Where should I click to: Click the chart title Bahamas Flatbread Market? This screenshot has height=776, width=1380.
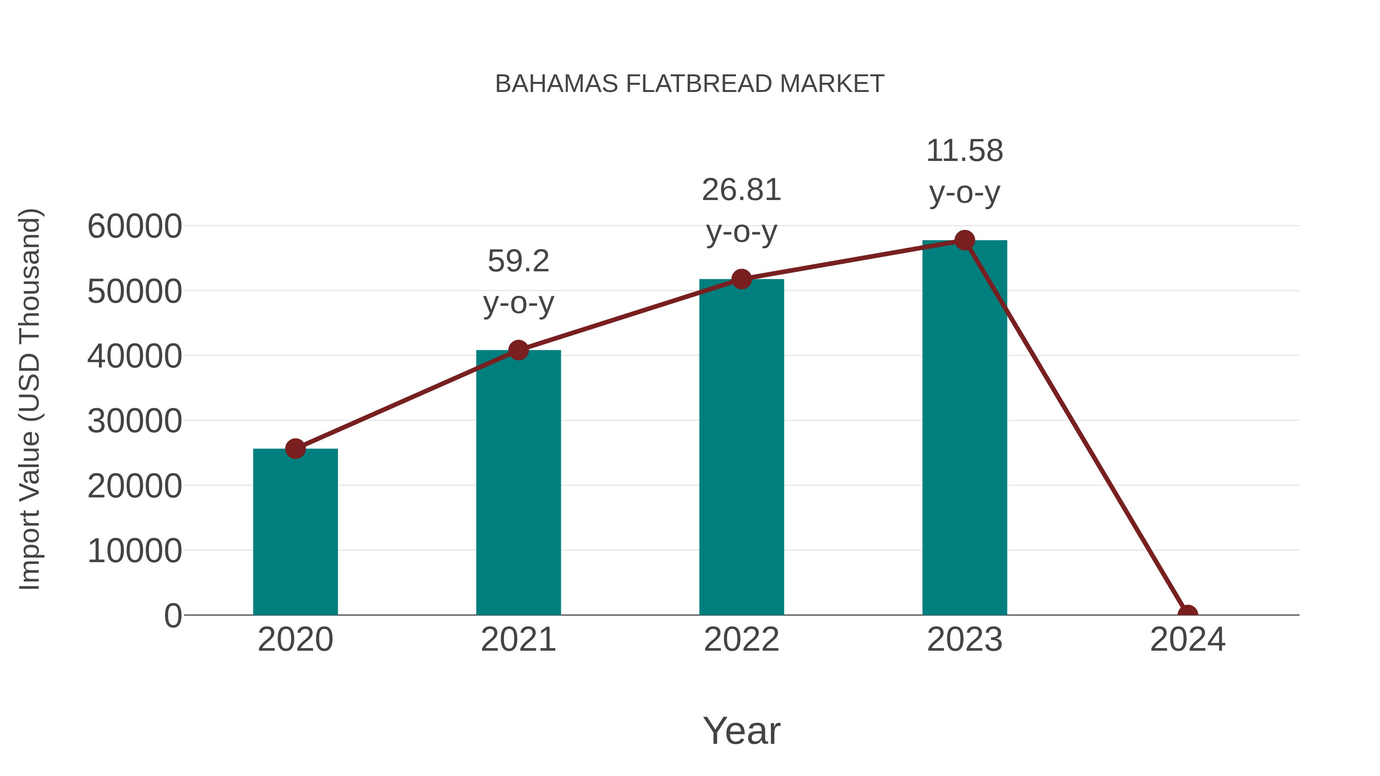690,84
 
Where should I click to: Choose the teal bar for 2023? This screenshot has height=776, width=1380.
964,428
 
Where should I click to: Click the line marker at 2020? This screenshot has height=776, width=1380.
295,449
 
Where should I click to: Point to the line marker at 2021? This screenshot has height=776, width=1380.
518,350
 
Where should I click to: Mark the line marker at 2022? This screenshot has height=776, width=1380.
741,279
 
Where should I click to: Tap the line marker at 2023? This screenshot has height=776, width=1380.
964,240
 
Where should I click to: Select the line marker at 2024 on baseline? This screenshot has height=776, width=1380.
1188,614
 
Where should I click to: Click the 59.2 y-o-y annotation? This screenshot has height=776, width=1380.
518,282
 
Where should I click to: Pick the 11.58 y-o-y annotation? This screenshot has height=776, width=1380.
964,171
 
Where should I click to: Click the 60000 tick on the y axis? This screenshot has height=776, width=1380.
135,226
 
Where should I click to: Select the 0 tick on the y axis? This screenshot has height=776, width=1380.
172,616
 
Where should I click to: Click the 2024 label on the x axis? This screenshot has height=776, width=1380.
1188,640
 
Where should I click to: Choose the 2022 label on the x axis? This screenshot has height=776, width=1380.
741,640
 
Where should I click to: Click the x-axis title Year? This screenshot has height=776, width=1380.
741,731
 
